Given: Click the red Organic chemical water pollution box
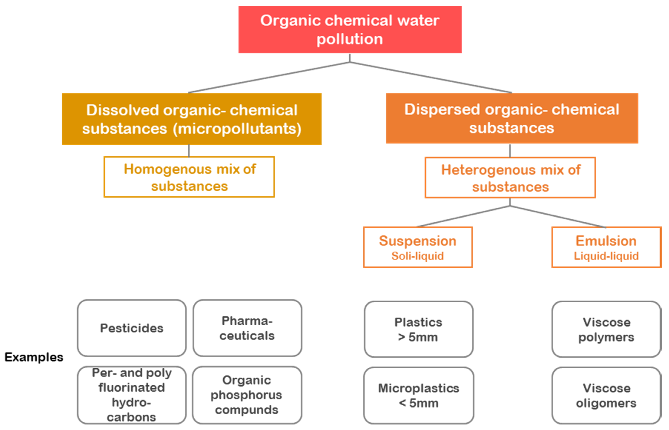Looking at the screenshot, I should [x=350, y=30].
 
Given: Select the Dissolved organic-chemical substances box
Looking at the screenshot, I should [x=192, y=119].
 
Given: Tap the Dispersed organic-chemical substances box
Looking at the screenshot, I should [x=512, y=118].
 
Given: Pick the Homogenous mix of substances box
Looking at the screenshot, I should [x=189, y=177].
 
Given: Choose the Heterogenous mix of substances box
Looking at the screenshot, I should [x=510, y=178].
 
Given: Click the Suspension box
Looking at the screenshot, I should [x=417, y=247].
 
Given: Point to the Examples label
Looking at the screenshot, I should [x=34, y=357].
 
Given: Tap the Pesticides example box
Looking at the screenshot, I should [x=132, y=328].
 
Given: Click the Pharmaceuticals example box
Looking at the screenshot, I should [x=247, y=328].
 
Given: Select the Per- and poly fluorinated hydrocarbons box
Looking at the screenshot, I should [x=132, y=395].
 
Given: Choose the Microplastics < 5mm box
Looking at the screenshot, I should [x=418, y=395].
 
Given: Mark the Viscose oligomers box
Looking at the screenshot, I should [x=606, y=395].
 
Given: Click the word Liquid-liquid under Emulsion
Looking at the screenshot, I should [x=606, y=256].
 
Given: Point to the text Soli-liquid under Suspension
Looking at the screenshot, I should [x=417, y=256].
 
